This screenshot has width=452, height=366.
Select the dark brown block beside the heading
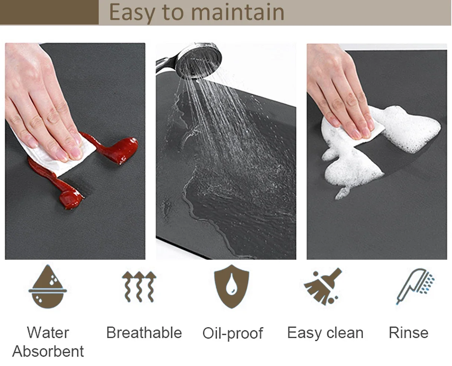49,12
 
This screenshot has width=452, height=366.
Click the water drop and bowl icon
48,286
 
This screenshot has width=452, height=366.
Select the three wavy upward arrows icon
139,286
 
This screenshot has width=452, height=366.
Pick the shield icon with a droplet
232,286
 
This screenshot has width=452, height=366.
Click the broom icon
322,286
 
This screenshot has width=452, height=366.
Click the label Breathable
144,333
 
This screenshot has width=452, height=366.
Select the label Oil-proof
233,334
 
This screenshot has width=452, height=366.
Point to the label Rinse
409,333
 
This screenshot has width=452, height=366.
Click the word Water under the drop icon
48,333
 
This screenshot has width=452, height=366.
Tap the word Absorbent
48,351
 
